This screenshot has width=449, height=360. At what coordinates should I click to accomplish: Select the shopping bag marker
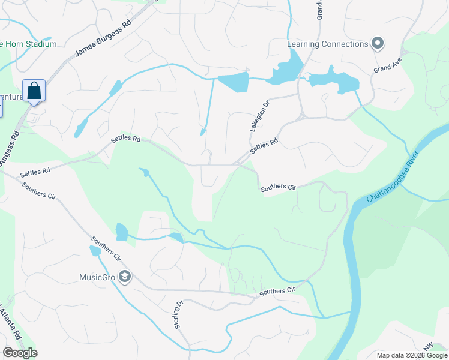point(34,91)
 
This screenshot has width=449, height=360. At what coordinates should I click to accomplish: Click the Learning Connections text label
point(327,44)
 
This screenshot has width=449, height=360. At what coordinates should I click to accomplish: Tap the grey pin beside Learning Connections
point(377,43)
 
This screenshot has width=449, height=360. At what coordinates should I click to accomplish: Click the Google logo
point(20,352)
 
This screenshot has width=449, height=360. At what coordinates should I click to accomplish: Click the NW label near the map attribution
point(427,347)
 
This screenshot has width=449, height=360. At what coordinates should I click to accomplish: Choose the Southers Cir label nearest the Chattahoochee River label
point(279,188)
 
